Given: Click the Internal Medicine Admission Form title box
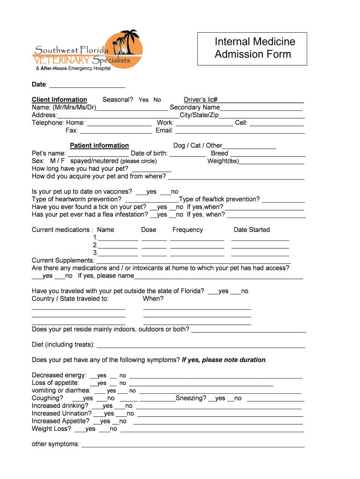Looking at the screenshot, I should tap(252, 49).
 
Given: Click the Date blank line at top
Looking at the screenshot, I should tap(87, 85).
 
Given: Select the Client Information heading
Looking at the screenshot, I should tap(59, 100).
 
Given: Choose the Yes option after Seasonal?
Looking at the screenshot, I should tap(144, 100).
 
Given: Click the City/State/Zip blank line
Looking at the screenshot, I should tap(262, 115).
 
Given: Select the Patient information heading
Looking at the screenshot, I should tap(99, 145).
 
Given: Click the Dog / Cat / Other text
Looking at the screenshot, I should tap(198, 145).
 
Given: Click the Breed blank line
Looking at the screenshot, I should tap(268, 153).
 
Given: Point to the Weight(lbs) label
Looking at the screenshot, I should tap(223, 161).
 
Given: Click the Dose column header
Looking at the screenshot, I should tap(149, 230).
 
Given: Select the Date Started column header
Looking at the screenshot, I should tap(252, 230).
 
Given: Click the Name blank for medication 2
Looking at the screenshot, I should tap(118, 246).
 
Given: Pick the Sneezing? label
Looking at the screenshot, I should tap(191, 398).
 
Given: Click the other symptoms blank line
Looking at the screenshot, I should tap(193, 444).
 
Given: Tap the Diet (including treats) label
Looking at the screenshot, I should tap(63, 345).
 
